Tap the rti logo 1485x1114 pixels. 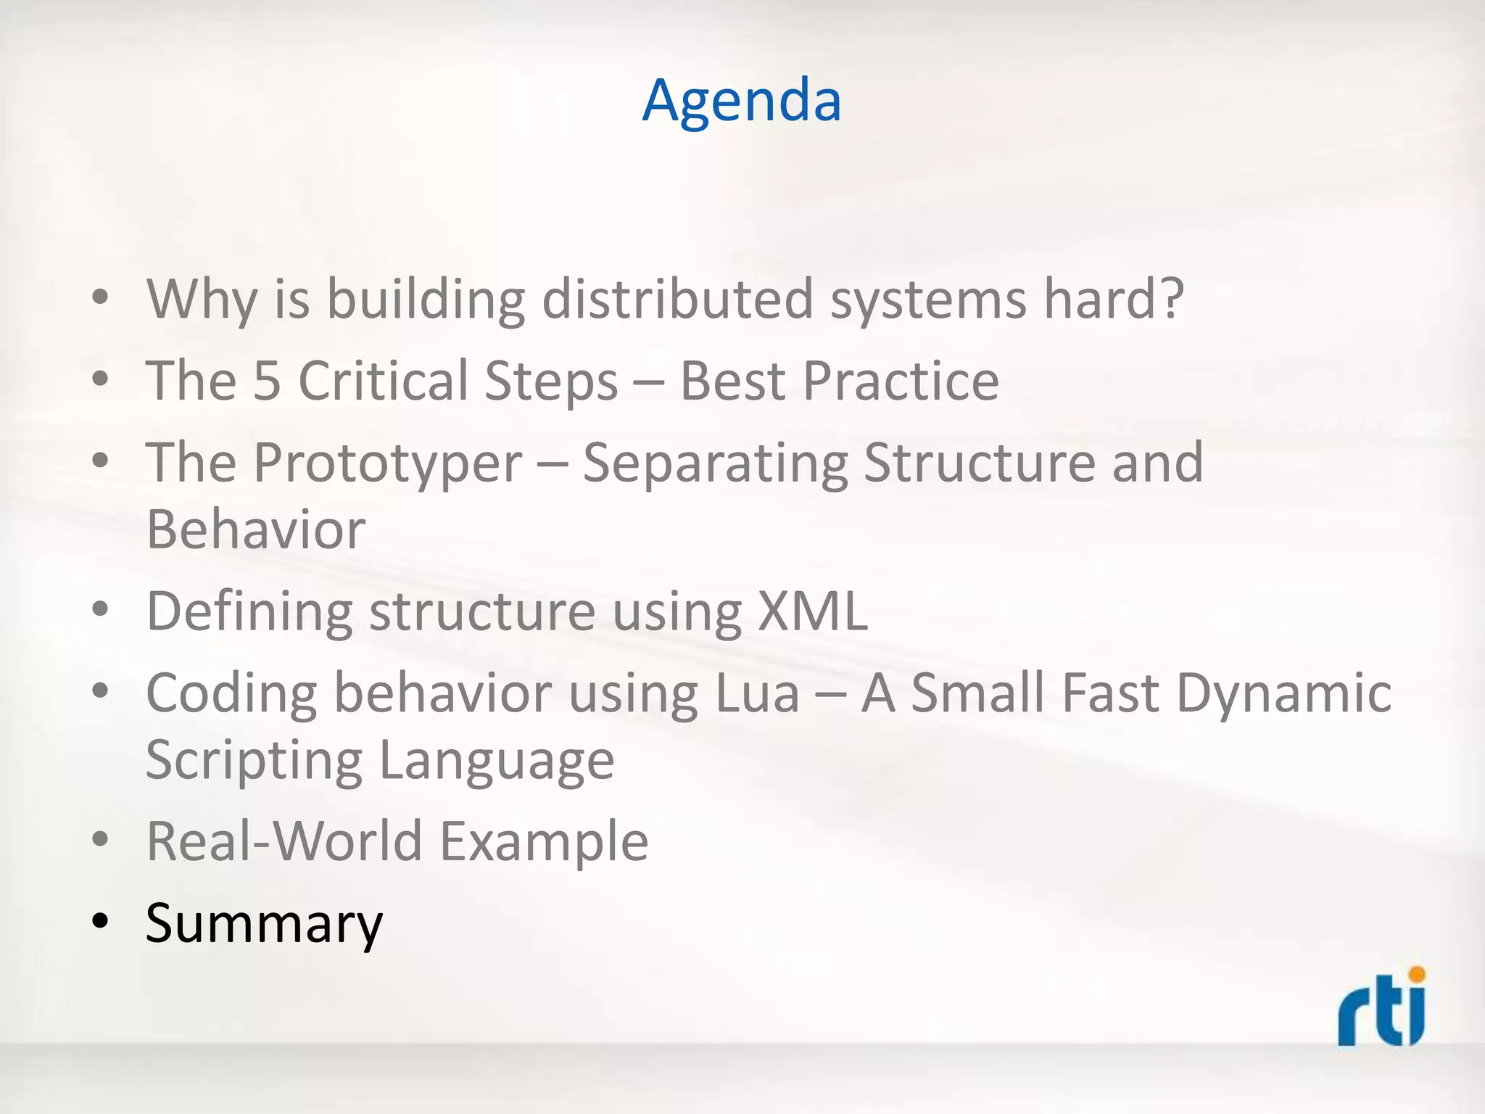click(1381, 1008)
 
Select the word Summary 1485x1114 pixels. click(264, 923)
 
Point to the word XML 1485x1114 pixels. click(812, 611)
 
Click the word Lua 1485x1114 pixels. click(756, 693)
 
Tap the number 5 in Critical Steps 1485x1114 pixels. click(266, 381)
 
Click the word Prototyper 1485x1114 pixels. click(387, 463)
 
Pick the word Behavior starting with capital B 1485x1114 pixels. click(256, 529)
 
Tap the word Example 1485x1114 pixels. click(544, 841)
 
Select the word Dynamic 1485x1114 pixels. click(1283, 693)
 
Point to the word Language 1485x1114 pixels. click(496, 761)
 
